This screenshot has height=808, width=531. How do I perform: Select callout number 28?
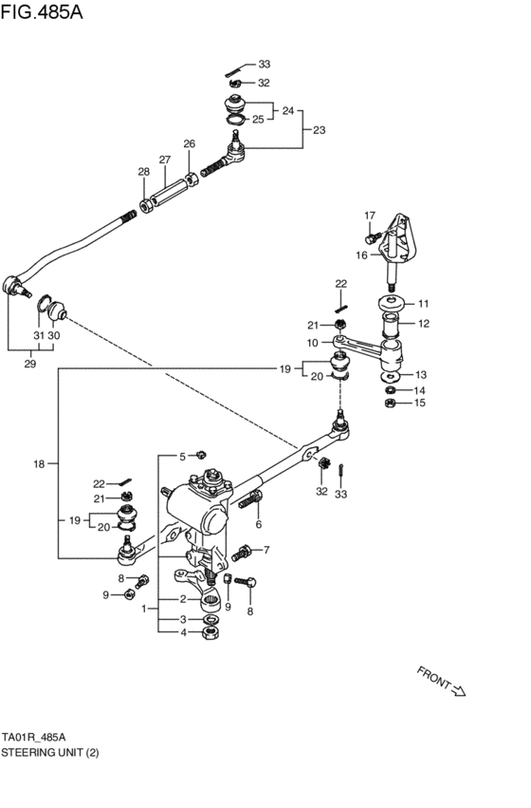point(143,172)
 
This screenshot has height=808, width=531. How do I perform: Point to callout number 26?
point(189,144)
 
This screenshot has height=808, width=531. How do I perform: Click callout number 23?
point(319,129)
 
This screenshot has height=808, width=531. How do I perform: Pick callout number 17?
point(370,215)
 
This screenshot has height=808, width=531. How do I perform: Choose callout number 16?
point(361,254)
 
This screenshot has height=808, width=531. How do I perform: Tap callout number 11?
point(423,304)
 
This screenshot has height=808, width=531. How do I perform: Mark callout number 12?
point(423,324)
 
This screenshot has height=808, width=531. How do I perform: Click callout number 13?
point(421,374)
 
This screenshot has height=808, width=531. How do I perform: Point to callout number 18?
point(39,464)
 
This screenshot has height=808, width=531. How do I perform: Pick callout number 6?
point(258,523)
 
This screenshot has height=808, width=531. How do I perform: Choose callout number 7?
point(266,550)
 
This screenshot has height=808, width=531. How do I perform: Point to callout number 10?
point(312,343)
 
